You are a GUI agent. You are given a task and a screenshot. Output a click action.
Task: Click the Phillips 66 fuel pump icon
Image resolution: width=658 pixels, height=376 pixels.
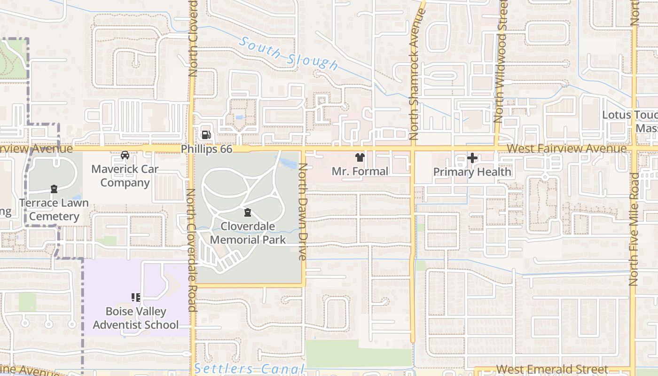206,135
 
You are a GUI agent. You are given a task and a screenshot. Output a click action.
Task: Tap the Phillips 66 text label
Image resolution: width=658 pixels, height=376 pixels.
207,149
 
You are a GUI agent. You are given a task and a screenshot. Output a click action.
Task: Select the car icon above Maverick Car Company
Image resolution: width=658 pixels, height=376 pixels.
125,155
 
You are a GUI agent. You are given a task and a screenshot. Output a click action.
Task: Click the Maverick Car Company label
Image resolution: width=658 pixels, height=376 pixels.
125,176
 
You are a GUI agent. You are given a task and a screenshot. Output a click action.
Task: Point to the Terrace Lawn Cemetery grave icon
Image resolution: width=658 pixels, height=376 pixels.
54,189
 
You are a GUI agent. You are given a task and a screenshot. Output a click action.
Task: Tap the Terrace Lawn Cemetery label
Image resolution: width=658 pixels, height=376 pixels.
54,210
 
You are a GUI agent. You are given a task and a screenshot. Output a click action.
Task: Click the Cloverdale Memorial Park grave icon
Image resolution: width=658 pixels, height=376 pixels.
248,213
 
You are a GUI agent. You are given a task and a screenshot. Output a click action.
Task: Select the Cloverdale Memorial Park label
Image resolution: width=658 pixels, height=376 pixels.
248,233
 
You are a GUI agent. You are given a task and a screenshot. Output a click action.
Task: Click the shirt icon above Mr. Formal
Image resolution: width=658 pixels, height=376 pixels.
360,157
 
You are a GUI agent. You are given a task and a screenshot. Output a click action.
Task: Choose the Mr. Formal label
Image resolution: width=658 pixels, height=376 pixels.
360,172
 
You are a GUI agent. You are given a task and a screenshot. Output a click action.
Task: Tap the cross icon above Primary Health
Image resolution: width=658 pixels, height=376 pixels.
472,158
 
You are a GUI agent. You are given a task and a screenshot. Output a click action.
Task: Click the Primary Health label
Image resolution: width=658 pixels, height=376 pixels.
472,172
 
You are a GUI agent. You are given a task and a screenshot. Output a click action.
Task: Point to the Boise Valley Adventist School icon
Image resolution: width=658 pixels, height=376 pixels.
136,297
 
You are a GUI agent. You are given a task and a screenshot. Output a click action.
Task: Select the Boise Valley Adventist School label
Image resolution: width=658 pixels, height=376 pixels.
136,318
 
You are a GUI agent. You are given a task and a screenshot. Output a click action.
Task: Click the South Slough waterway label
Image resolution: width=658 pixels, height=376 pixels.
288,54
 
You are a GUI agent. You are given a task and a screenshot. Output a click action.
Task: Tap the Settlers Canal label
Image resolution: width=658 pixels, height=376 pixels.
250,369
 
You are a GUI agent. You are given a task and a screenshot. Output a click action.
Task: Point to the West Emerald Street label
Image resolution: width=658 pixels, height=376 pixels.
552,369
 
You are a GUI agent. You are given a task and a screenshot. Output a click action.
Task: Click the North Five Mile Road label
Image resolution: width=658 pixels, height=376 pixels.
634,229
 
